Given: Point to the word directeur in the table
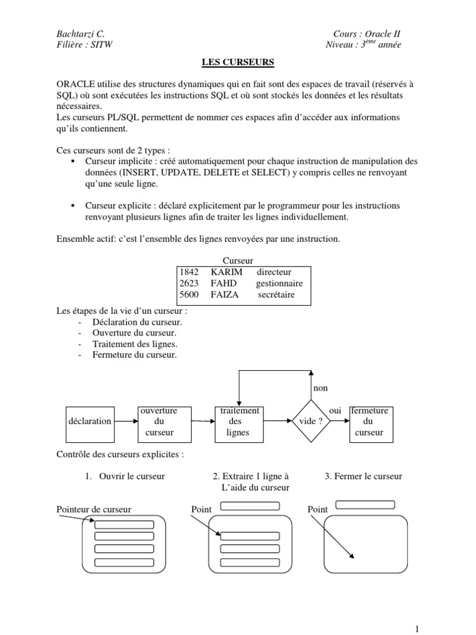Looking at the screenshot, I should coord(274,272).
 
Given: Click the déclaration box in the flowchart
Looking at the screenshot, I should coord(90,421).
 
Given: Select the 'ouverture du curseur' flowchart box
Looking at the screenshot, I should coord(159,422).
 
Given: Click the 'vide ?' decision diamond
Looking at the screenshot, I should coord(311,422).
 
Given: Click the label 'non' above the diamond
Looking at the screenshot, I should coord(320,388).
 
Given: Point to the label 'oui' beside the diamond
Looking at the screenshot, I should coord(335,411).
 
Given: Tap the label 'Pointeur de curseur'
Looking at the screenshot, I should coord(94,509).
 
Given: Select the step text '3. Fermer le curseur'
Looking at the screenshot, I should coord(363,476).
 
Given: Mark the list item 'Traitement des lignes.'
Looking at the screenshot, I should coord(134,344).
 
